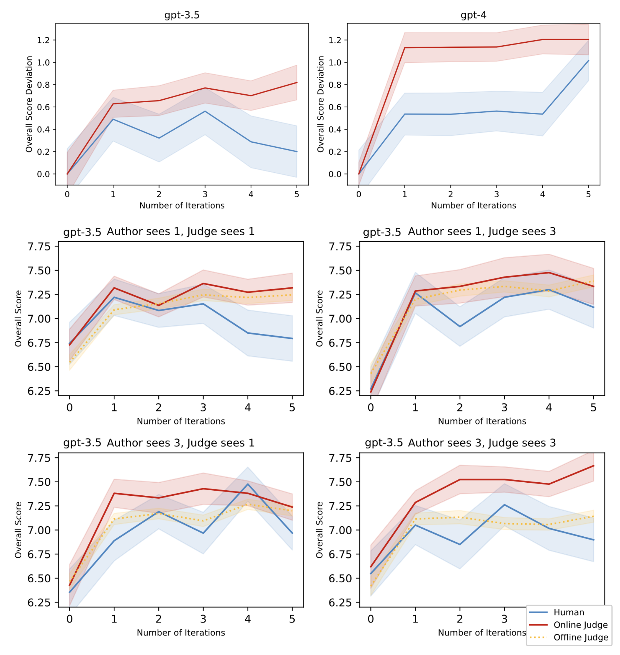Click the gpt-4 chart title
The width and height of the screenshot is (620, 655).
473,15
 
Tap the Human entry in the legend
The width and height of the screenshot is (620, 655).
569,612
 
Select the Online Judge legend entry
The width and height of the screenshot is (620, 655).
580,625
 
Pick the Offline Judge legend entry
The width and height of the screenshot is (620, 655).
581,637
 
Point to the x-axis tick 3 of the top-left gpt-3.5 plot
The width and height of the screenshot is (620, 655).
205,194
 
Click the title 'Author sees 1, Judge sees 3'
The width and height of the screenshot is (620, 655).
482,232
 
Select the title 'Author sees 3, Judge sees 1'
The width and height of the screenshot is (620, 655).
181,443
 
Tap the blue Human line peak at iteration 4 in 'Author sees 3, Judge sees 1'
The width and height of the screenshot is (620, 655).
247,484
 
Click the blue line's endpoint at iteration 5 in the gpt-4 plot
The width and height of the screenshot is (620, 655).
588,61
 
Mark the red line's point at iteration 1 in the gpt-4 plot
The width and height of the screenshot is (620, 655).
405,47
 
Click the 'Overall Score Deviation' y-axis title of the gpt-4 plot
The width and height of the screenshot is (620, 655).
320,104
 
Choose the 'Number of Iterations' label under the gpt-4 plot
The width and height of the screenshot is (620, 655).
473,206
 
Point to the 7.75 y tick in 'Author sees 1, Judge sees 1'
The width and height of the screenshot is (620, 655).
39,247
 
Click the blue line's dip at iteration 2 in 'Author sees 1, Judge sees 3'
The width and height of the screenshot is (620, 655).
460,327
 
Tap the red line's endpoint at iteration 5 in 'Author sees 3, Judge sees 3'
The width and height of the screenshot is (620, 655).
594,466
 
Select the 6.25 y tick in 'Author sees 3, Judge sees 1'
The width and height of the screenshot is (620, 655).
39,602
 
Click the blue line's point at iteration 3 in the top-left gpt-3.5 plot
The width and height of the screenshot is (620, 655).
205,111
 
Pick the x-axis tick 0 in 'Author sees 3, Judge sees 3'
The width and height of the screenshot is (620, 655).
371,619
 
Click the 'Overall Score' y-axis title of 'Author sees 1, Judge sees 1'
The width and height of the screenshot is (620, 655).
18,318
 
